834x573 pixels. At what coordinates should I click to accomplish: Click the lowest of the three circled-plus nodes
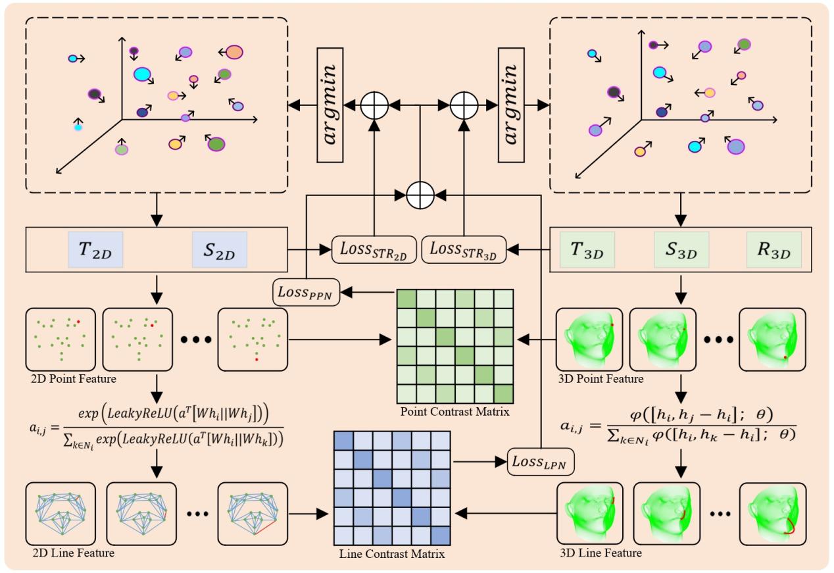point(420,194)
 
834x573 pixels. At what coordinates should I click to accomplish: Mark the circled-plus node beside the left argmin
point(375,104)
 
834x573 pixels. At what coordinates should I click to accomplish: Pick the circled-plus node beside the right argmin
point(465,104)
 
